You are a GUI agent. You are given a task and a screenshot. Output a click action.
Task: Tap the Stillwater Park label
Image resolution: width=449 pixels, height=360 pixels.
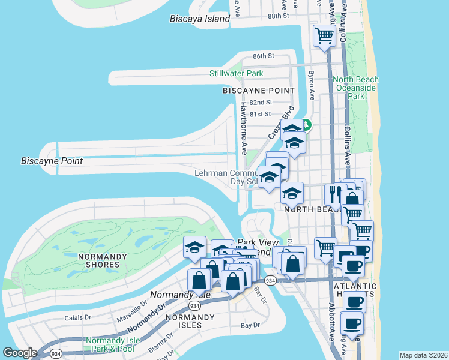coord(236,74)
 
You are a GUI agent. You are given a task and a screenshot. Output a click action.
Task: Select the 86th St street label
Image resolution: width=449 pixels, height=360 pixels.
coord(263,56)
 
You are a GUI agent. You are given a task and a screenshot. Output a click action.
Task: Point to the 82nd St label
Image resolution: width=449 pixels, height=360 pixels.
coord(261,103)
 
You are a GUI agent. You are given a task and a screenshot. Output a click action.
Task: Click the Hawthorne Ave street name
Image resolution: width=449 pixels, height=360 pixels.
coord(244,128)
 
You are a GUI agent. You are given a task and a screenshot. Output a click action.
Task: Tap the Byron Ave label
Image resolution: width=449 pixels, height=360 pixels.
coord(312,85)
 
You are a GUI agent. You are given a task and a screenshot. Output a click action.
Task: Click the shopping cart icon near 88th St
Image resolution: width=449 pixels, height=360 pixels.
coord(324,35)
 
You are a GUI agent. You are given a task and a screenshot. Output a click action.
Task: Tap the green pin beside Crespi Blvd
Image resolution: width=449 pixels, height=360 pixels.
coord(306,125)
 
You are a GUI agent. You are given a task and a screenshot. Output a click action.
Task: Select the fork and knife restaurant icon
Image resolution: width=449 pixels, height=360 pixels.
coord(333,194)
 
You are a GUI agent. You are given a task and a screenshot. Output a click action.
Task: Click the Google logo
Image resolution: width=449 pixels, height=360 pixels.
coord(20,353)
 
